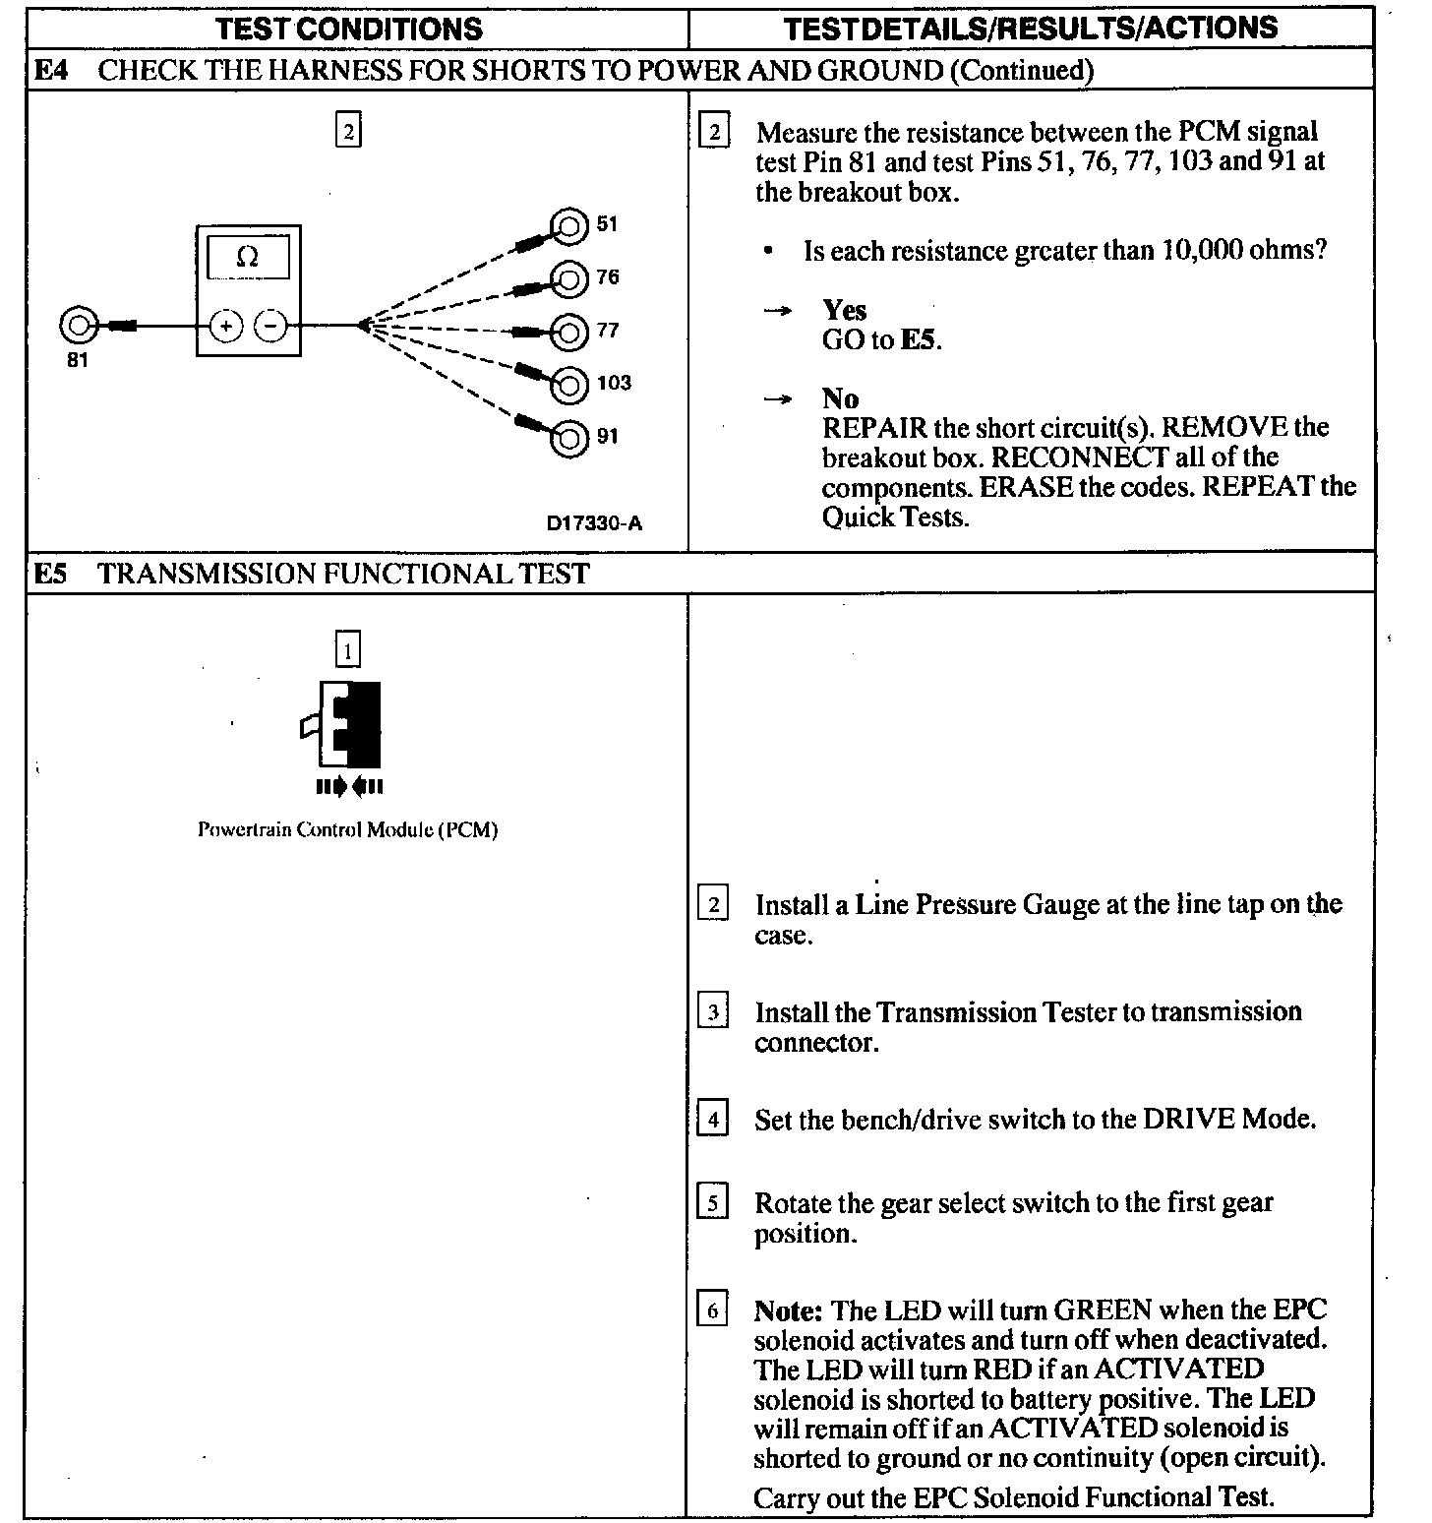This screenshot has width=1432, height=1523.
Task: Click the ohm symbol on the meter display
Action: click(248, 258)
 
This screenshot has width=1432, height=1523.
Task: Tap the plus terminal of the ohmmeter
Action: click(226, 325)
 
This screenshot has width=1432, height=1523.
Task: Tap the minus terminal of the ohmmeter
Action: click(271, 325)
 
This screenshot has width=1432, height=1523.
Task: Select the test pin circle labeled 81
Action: click(78, 325)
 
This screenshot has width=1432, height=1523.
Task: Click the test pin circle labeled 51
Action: click(568, 226)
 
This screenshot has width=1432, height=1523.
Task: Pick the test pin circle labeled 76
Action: click(568, 279)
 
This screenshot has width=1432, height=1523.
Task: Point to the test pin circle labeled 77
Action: click(568, 333)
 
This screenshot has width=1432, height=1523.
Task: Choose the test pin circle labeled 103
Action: click(568, 385)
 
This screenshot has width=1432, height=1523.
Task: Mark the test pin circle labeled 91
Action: click(568, 438)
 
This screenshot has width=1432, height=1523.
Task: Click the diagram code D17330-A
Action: click(594, 523)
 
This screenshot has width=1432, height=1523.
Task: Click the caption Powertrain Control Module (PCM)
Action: click(348, 829)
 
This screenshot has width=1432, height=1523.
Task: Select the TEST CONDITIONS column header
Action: click(349, 29)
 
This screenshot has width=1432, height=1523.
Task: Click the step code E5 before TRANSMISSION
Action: click(50, 573)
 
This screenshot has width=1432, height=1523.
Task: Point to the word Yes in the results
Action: click(845, 310)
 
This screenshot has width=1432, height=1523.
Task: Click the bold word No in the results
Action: click(841, 398)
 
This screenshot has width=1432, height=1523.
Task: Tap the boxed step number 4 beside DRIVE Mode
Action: click(712, 1120)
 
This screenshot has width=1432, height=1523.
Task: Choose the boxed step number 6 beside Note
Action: click(712, 1310)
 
